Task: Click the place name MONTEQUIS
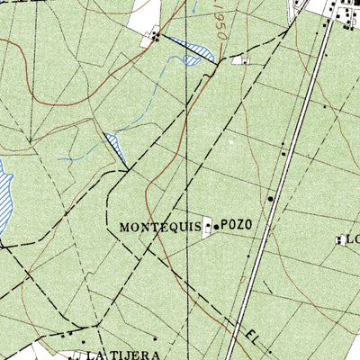[160, 228]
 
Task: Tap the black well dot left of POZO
[217, 227]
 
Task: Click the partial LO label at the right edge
[353, 239]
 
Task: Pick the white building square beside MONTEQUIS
[209, 227]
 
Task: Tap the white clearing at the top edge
[146, 13]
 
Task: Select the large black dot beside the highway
[269, 199]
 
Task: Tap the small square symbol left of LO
[340, 239]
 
